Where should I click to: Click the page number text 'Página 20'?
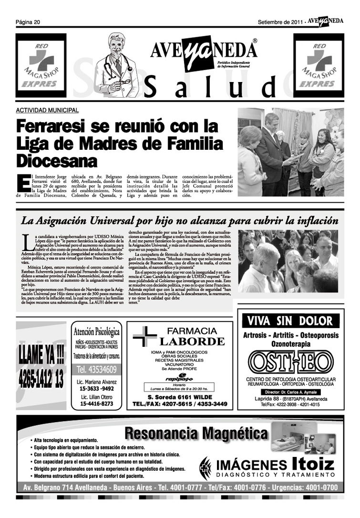(x=28, y=22)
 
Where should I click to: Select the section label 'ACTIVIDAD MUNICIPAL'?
(x=47, y=111)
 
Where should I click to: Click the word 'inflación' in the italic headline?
(x=314, y=221)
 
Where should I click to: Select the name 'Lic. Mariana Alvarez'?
(x=96, y=382)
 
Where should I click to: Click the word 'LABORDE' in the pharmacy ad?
(x=192, y=342)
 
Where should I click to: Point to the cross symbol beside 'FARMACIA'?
(x=144, y=337)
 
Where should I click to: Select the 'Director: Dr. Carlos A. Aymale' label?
(x=290, y=391)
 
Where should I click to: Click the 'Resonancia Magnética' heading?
(x=196, y=434)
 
